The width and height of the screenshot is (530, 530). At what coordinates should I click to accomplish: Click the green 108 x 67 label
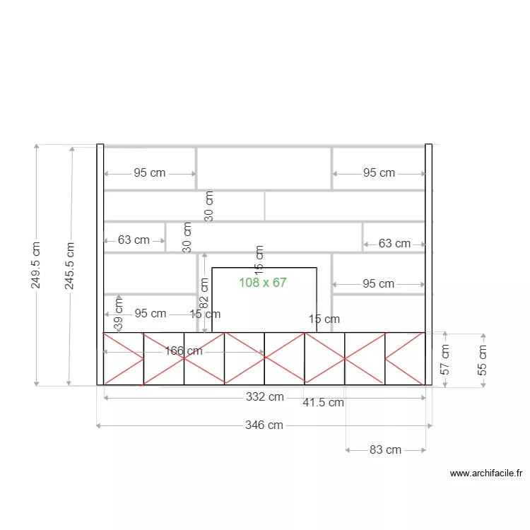(262, 283)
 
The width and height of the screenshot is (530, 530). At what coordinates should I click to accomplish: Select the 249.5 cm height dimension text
(36, 265)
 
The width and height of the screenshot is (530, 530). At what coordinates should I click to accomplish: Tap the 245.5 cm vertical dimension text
(69, 265)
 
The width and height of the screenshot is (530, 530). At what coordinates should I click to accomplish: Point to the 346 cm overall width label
(264, 425)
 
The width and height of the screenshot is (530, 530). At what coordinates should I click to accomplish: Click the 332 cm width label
(264, 397)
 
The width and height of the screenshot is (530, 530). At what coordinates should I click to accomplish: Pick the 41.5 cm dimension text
(323, 403)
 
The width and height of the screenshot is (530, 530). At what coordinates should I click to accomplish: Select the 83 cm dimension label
(385, 449)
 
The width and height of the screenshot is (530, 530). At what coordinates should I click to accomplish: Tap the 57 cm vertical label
(445, 359)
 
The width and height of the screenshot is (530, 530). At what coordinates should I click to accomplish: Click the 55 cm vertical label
(483, 359)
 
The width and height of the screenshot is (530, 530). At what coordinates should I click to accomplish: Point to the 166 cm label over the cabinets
(184, 351)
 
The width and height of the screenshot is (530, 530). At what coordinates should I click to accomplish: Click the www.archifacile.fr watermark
(485, 473)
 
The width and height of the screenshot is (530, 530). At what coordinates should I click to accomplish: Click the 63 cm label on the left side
(134, 240)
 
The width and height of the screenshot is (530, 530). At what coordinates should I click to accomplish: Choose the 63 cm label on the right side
(394, 244)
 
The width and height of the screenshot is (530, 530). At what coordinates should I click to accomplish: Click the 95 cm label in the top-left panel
(150, 173)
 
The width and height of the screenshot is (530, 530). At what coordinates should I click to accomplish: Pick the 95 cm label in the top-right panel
(379, 173)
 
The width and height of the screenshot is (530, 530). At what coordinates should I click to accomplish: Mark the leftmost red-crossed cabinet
(124, 358)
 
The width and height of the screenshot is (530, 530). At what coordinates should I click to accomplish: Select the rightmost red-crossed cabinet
(405, 358)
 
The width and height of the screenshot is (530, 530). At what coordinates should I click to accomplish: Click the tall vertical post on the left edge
(100, 264)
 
